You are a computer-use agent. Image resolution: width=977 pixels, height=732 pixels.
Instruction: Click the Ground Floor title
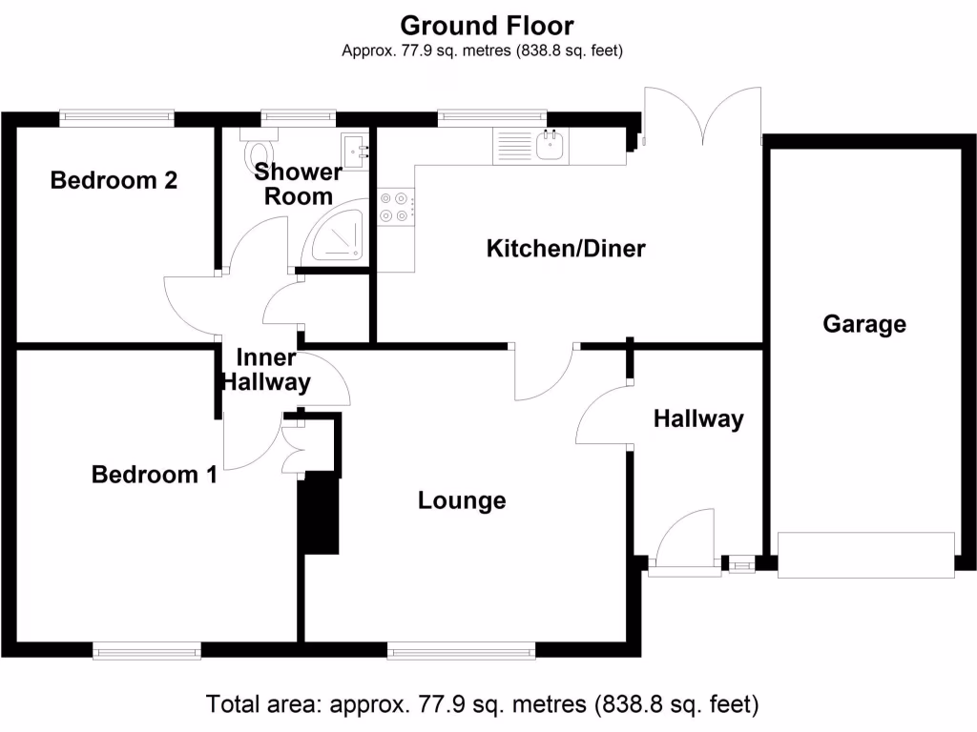pos(487,26)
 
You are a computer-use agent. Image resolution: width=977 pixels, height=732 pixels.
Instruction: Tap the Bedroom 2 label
pos(114,180)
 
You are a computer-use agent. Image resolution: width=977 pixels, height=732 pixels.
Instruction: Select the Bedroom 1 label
pos(154,475)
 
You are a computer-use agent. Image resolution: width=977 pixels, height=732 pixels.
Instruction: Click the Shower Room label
pos(298,184)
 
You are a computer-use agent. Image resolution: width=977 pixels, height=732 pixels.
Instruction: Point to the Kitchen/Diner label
pos(566,249)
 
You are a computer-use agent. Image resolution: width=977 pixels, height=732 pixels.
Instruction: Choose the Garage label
pos(864,324)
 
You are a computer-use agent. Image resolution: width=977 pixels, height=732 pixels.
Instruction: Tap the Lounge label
pos(462,500)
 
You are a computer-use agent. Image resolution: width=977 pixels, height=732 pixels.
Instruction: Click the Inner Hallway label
pos(267,370)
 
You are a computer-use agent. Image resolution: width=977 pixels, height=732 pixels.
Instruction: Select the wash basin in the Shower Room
pos(355,151)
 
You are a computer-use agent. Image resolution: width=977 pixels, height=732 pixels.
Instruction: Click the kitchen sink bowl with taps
pos(551,146)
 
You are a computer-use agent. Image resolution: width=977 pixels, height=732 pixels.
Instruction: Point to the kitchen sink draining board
pos(513,146)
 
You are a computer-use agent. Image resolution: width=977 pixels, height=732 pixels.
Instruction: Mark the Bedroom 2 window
pos(116,118)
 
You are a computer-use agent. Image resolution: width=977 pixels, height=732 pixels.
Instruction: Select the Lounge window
pos(461,650)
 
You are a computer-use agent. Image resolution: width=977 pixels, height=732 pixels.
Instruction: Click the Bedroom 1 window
pos(147,650)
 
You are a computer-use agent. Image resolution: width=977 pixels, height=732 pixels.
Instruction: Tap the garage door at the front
pos(866,555)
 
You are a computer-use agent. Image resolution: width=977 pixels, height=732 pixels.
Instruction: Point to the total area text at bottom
pos(482,704)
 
